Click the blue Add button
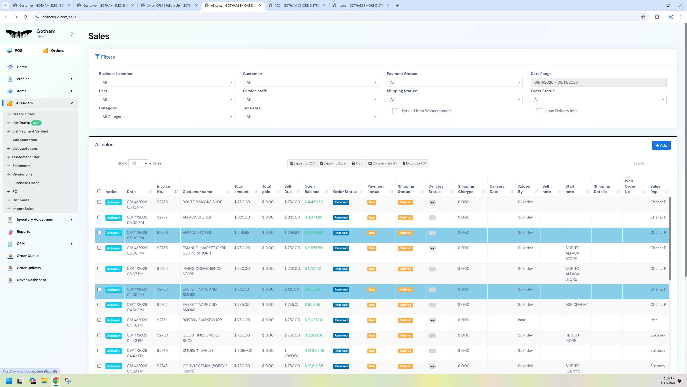[x=661, y=145]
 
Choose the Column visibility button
[x=382, y=163]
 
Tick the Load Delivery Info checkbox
[x=539, y=111]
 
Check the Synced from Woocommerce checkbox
[x=395, y=111]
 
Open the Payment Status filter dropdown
[x=455, y=82]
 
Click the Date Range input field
[x=598, y=82]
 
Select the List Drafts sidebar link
[x=21, y=123]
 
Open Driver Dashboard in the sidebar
[x=31, y=280]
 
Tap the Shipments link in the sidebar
[x=21, y=166]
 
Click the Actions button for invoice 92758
[x=114, y=202]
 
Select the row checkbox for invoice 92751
[x=99, y=320]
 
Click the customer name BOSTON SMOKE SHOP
[x=202, y=320]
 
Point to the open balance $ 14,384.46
[x=314, y=351]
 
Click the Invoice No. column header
[x=163, y=189]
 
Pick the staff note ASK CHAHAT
[x=576, y=305]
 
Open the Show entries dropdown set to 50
[x=138, y=163]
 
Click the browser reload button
[x=25, y=17]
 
